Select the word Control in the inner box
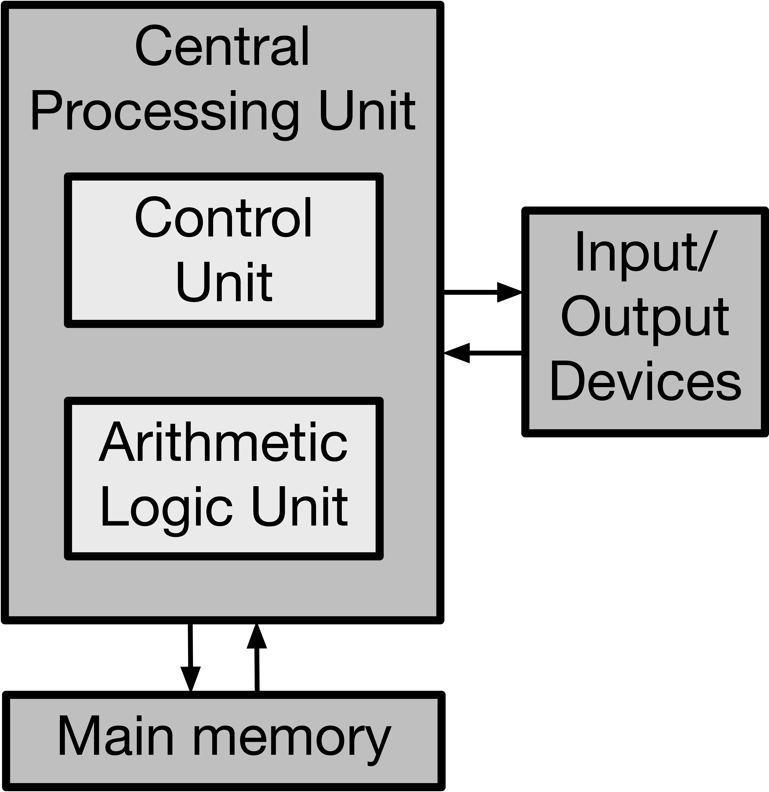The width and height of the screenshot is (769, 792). tap(223, 218)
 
